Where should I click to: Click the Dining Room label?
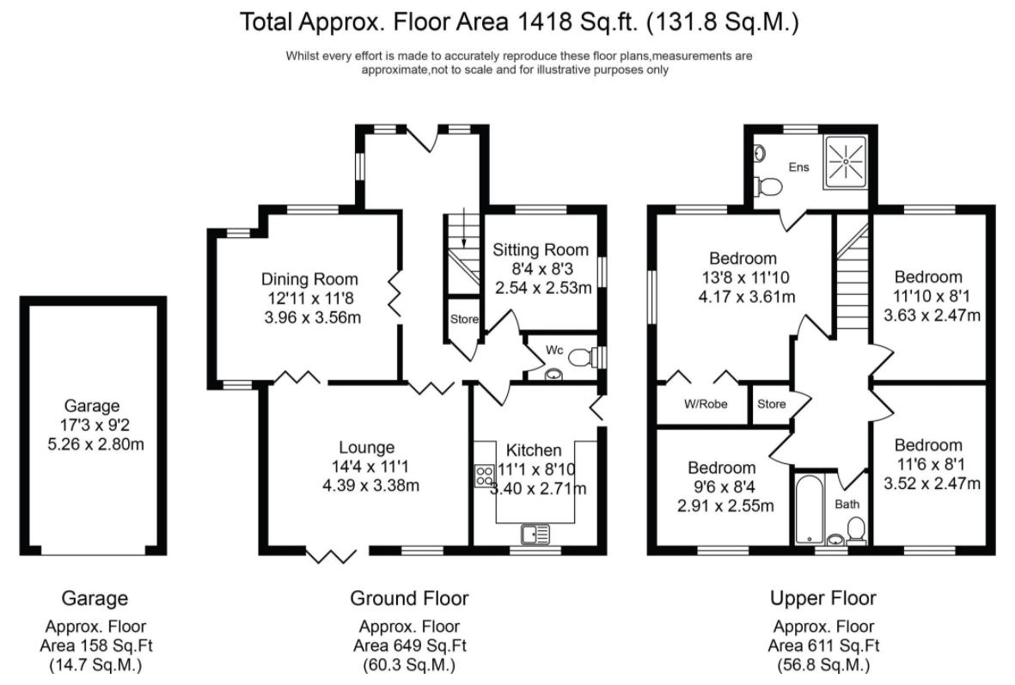pos(309,279)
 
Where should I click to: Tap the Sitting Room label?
pos(541,250)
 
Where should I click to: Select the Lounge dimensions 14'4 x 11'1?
pos(366,467)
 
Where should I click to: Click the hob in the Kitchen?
pos(483,475)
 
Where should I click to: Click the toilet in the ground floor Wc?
pos(584,356)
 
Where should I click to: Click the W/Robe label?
pos(701,403)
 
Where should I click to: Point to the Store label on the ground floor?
pos(464,320)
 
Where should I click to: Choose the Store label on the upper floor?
pos(771,404)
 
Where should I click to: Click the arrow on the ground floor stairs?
pos(463,230)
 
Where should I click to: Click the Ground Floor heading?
pos(409,598)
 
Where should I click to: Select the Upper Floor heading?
pos(822,598)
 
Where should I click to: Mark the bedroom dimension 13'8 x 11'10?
pos(743,278)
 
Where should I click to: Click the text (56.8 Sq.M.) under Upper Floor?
pos(822,664)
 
